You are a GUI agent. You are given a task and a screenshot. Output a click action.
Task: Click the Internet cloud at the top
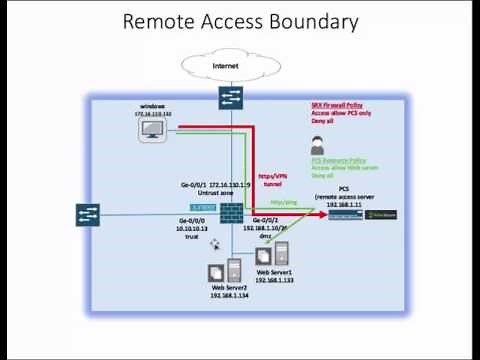(225, 66)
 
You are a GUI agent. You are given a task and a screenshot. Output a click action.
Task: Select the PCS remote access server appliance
(352, 215)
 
